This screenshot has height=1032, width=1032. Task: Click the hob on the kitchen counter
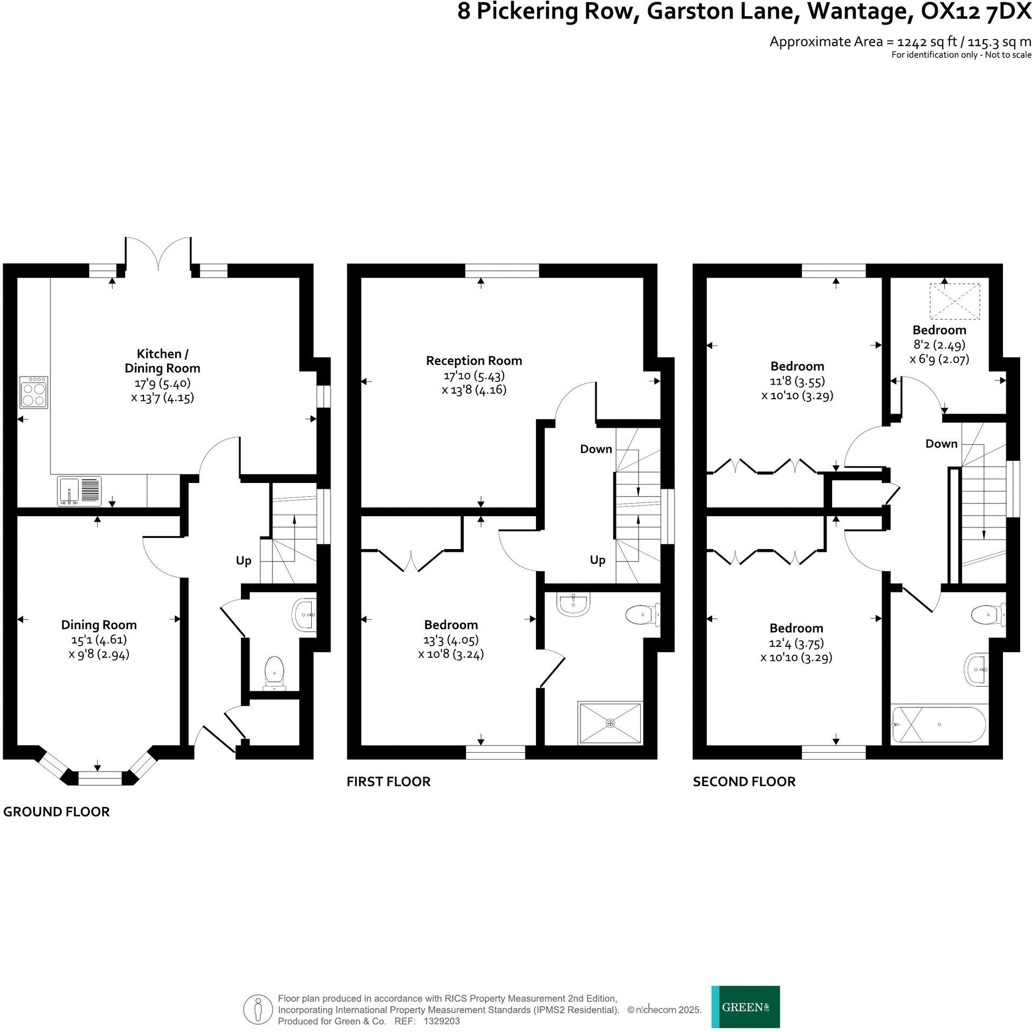33,392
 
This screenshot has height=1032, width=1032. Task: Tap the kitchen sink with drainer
79,490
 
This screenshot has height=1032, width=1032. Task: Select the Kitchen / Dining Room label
162,361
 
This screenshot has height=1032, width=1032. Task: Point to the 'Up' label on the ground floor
243,561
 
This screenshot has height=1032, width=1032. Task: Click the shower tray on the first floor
610,723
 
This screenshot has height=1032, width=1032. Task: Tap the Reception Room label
474,360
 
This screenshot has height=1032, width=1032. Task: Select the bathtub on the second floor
938,724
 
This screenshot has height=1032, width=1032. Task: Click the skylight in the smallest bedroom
955,301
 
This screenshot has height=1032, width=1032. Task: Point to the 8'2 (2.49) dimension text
939,344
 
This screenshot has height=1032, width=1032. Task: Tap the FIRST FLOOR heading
388,781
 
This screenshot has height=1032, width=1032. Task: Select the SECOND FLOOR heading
744,781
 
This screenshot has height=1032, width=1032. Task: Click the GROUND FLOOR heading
56,811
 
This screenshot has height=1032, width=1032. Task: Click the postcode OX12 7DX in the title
976,12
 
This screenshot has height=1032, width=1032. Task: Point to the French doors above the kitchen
158,252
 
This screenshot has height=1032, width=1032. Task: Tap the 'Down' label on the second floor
941,443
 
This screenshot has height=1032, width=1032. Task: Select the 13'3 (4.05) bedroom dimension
450,639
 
